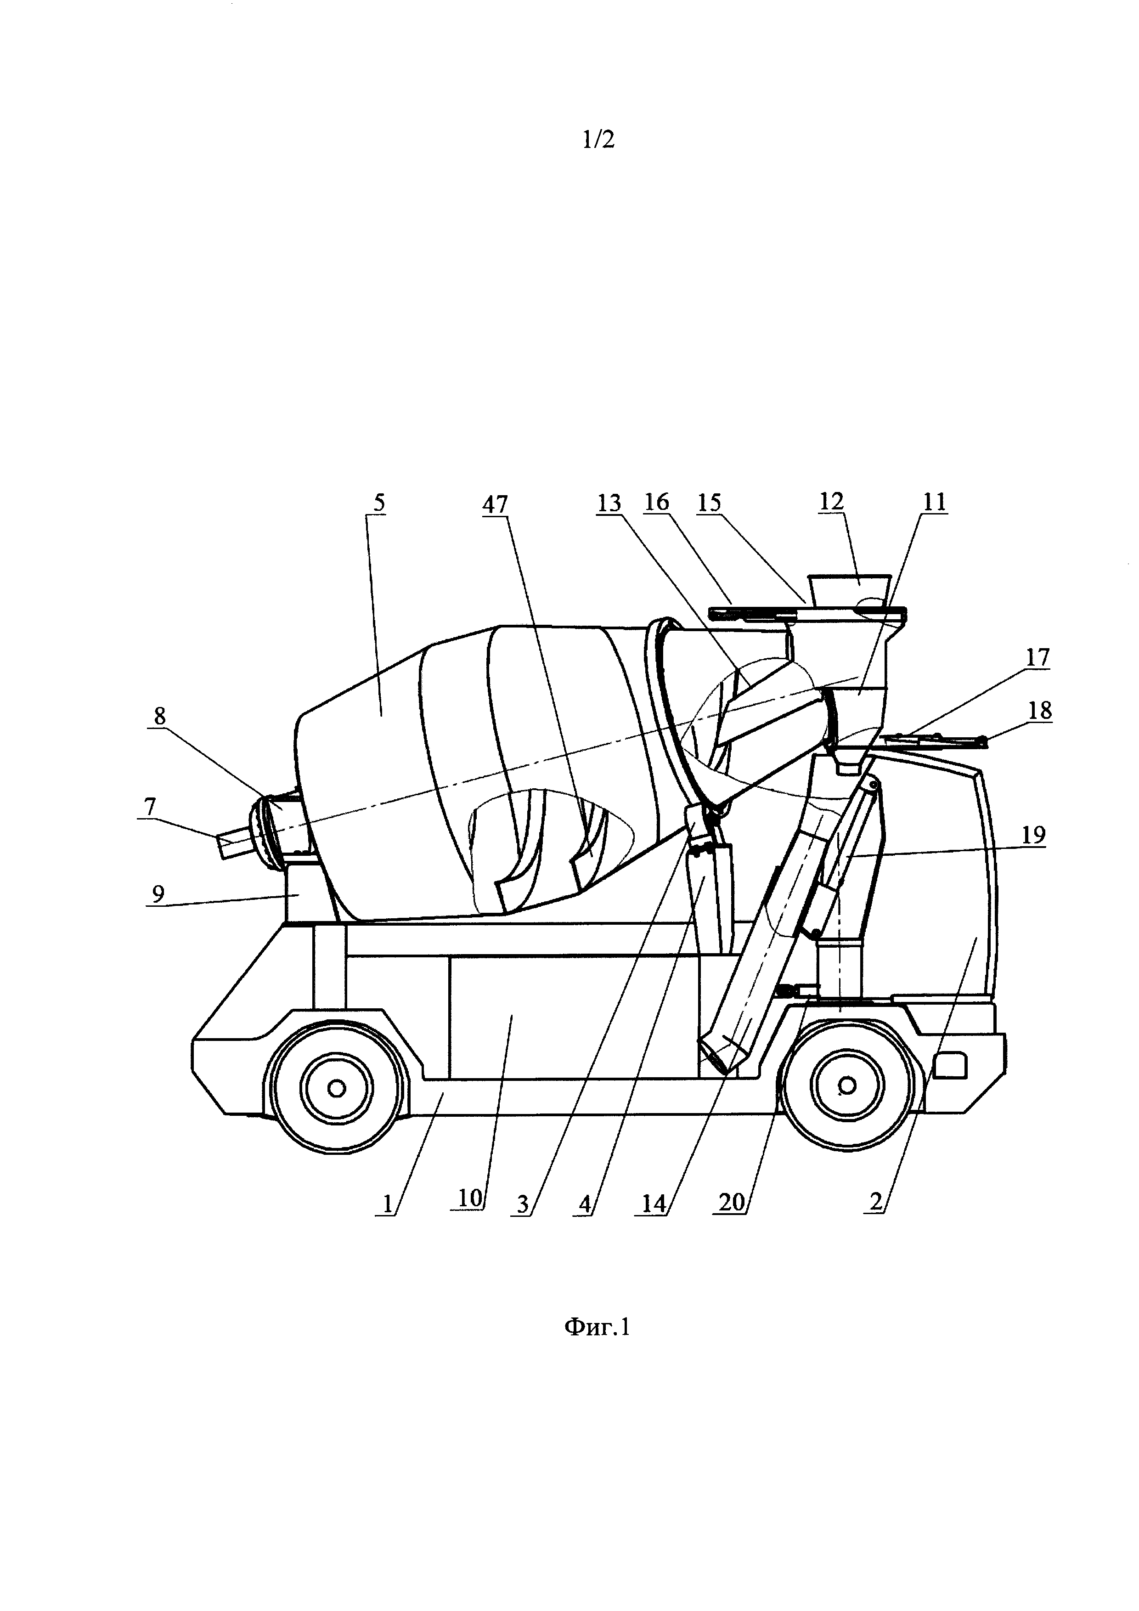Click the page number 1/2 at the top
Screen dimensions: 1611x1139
click(598, 140)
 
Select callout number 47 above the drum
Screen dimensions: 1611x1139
click(495, 504)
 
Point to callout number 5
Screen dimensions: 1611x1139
click(379, 503)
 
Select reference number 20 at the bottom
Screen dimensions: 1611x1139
click(732, 1202)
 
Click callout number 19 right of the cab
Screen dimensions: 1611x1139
click(1034, 835)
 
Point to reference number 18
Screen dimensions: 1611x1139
click(1040, 711)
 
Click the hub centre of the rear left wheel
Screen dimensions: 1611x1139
click(336, 1088)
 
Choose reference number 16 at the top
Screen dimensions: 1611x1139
click(657, 503)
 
